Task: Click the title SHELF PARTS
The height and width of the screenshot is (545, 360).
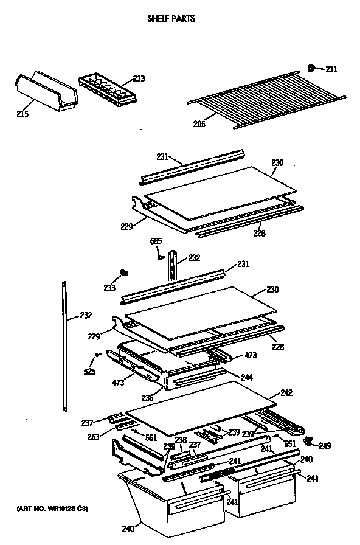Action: click(171, 19)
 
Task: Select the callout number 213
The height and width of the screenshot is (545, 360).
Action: click(139, 78)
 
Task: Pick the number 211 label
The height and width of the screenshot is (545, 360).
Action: click(331, 69)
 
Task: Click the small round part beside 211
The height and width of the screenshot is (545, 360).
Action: click(311, 69)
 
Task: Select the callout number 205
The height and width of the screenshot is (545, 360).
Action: click(199, 124)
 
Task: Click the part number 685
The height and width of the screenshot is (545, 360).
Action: click(156, 241)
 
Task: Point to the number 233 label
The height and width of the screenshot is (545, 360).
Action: click(109, 288)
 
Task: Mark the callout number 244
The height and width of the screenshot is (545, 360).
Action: click(246, 377)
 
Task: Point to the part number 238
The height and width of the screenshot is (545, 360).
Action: click(181, 439)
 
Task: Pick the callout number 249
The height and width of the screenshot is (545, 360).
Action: click(325, 446)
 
